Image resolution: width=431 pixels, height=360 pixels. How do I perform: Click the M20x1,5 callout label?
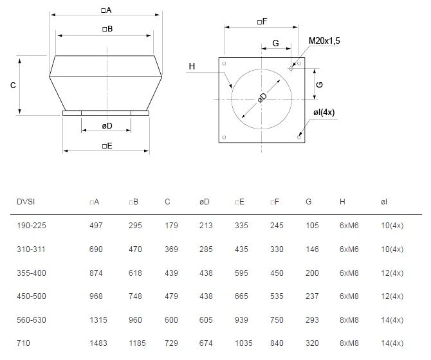[324, 40]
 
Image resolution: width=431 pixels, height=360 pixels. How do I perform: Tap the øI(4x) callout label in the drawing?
[324, 113]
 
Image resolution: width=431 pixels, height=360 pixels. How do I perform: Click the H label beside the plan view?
[192, 66]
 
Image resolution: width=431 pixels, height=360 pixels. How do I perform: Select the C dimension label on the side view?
[13, 85]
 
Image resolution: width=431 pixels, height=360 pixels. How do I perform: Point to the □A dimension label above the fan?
[106, 10]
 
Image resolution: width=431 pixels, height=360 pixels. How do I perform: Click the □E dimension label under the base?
[107, 146]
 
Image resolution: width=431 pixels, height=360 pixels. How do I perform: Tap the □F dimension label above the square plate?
[262, 21]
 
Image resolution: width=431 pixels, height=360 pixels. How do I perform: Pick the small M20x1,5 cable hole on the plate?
[291, 68]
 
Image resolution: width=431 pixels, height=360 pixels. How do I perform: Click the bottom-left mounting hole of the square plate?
[224, 138]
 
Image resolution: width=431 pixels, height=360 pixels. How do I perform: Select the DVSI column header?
[26, 202]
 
